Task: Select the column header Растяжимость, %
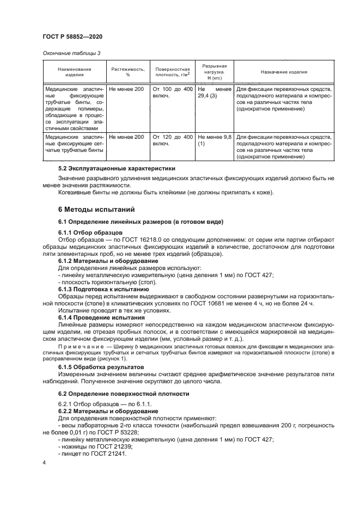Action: coord(128,72)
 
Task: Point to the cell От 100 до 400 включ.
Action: coord(172,92)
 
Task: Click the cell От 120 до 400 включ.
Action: coord(172,141)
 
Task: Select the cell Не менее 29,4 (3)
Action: coord(214,92)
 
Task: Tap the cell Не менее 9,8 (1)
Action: coord(214,141)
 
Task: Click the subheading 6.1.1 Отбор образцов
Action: coord(90,232)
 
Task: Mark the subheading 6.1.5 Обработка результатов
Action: coord(102,368)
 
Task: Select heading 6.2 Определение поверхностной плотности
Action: coord(124,393)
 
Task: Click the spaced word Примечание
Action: coord(81,346)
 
